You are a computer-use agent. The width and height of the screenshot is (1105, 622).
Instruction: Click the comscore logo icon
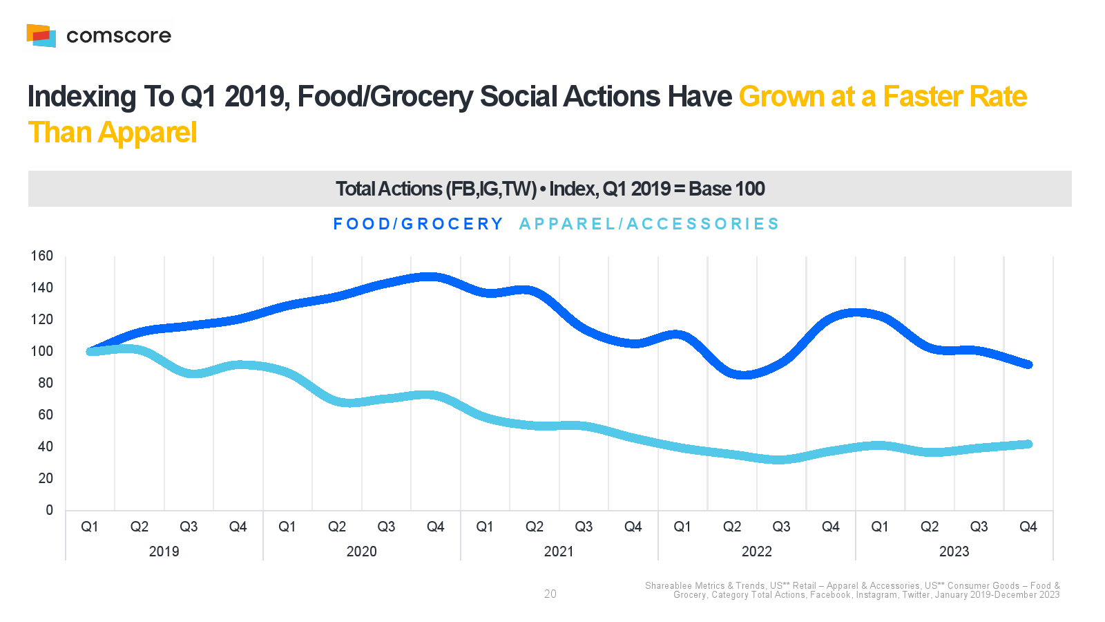click(41, 35)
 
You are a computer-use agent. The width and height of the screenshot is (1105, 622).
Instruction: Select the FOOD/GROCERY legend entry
click(418, 224)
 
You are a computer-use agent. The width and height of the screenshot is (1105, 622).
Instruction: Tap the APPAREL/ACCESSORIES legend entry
click(649, 224)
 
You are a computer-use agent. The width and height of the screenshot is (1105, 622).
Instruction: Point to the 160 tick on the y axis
click(42, 256)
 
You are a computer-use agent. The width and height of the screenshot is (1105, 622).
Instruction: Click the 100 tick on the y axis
click(42, 351)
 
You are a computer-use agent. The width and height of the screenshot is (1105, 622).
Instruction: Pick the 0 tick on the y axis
click(49, 510)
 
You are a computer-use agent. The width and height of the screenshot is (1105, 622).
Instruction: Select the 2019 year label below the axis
click(164, 552)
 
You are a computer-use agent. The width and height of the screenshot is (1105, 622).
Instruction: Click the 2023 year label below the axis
click(954, 552)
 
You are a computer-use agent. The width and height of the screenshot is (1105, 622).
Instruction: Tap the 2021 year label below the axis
click(559, 552)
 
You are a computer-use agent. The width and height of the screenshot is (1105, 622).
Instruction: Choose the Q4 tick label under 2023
click(1028, 527)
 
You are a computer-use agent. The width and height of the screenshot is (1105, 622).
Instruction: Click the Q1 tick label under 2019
click(90, 527)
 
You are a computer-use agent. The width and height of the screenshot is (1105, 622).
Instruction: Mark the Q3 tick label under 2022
click(781, 527)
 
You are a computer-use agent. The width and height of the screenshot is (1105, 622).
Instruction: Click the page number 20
click(550, 594)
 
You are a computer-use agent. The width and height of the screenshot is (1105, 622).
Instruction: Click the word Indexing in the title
click(81, 97)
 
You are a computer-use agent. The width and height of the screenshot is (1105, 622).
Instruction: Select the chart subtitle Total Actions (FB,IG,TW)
click(436, 189)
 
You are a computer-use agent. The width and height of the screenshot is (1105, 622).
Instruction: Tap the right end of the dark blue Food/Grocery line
click(1028, 364)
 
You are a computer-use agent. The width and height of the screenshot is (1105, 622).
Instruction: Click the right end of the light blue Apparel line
click(1028, 444)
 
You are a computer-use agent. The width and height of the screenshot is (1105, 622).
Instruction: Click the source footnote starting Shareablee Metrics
click(852, 590)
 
